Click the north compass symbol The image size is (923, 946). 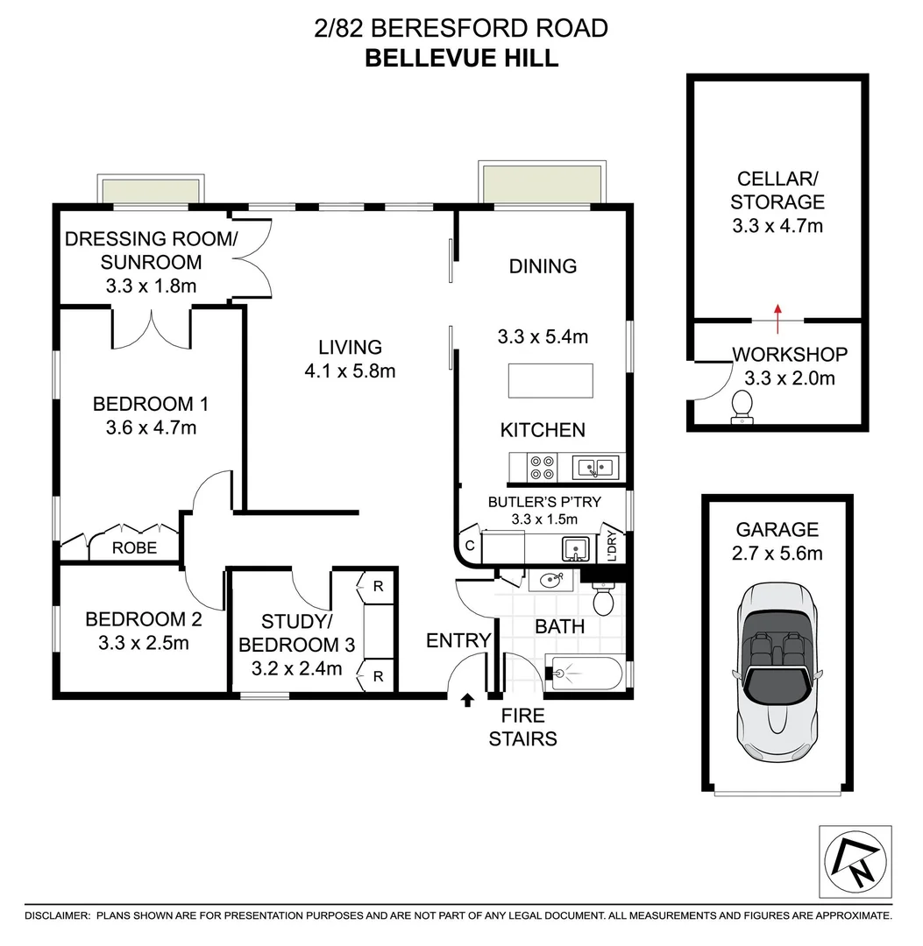click(x=855, y=860)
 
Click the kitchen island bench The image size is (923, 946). click(x=550, y=380)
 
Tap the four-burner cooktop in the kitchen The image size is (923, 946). click(x=542, y=467)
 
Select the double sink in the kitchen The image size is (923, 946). click(x=596, y=467)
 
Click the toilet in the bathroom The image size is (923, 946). click(x=604, y=600)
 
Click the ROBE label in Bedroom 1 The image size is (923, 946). click(x=135, y=548)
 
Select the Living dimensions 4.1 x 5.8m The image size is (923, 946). click(x=350, y=371)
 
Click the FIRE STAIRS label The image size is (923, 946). click(x=522, y=728)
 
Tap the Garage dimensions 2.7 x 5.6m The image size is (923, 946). click(x=777, y=554)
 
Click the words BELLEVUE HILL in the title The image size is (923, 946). click(x=461, y=59)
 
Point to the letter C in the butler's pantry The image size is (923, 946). click(x=470, y=545)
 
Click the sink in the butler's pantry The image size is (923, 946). click(x=575, y=549)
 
